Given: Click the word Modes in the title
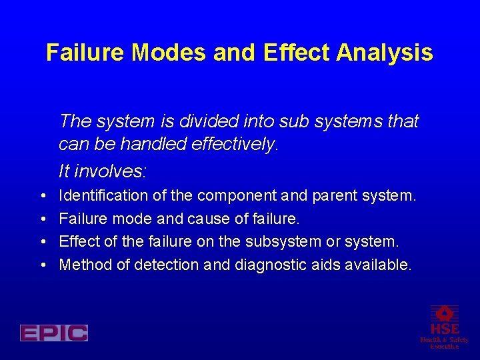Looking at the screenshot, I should (x=169, y=53).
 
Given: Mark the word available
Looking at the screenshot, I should (x=377, y=265).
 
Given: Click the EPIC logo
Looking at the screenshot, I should (x=54, y=333).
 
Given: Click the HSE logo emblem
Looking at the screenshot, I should (x=444, y=313).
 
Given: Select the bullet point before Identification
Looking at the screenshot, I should (x=42, y=196).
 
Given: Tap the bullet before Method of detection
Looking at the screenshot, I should (x=42, y=265).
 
